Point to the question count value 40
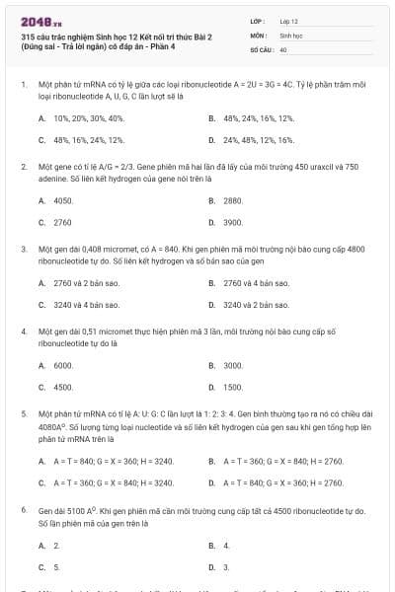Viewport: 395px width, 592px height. [283, 48]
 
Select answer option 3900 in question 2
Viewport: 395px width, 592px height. [233, 223]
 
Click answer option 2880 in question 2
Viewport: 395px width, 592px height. [233, 200]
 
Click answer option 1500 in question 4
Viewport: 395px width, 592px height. [233, 388]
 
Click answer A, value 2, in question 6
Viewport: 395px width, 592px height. [56, 545]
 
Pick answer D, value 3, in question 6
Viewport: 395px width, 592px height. [226, 567]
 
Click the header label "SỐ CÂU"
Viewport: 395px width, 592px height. [261, 48]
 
